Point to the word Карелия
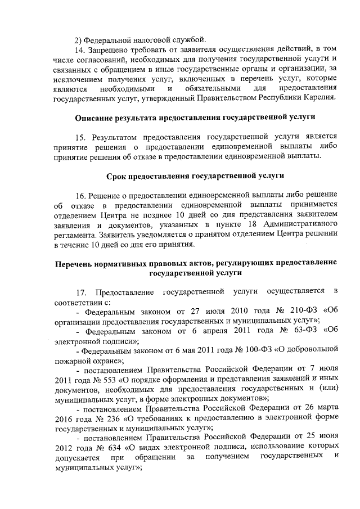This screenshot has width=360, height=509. click(x=318, y=98)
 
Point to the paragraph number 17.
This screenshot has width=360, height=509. click(x=82, y=292)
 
